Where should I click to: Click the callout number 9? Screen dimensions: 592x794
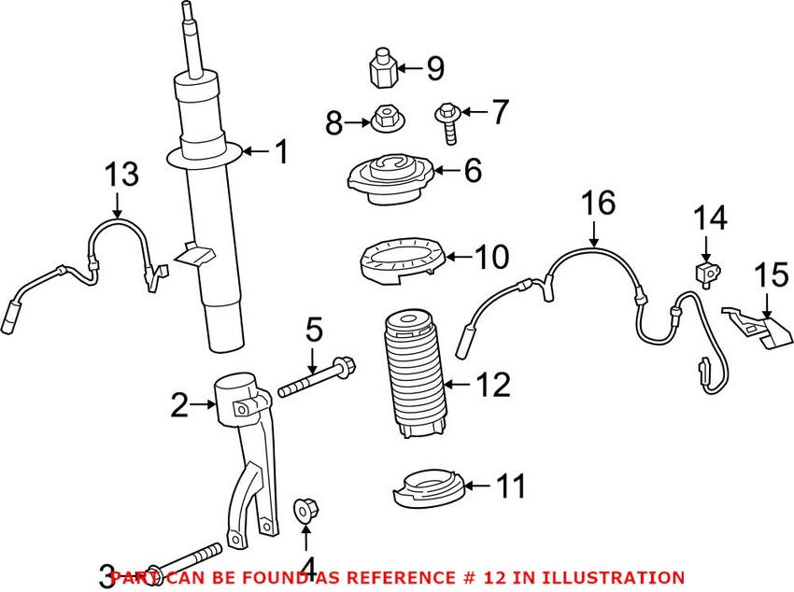(x=435, y=68)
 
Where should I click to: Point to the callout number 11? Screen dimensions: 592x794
(x=511, y=486)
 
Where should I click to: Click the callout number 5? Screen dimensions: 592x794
(x=314, y=330)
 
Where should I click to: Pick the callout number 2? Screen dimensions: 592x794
(x=180, y=404)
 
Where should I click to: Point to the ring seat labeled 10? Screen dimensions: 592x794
(x=399, y=261)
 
